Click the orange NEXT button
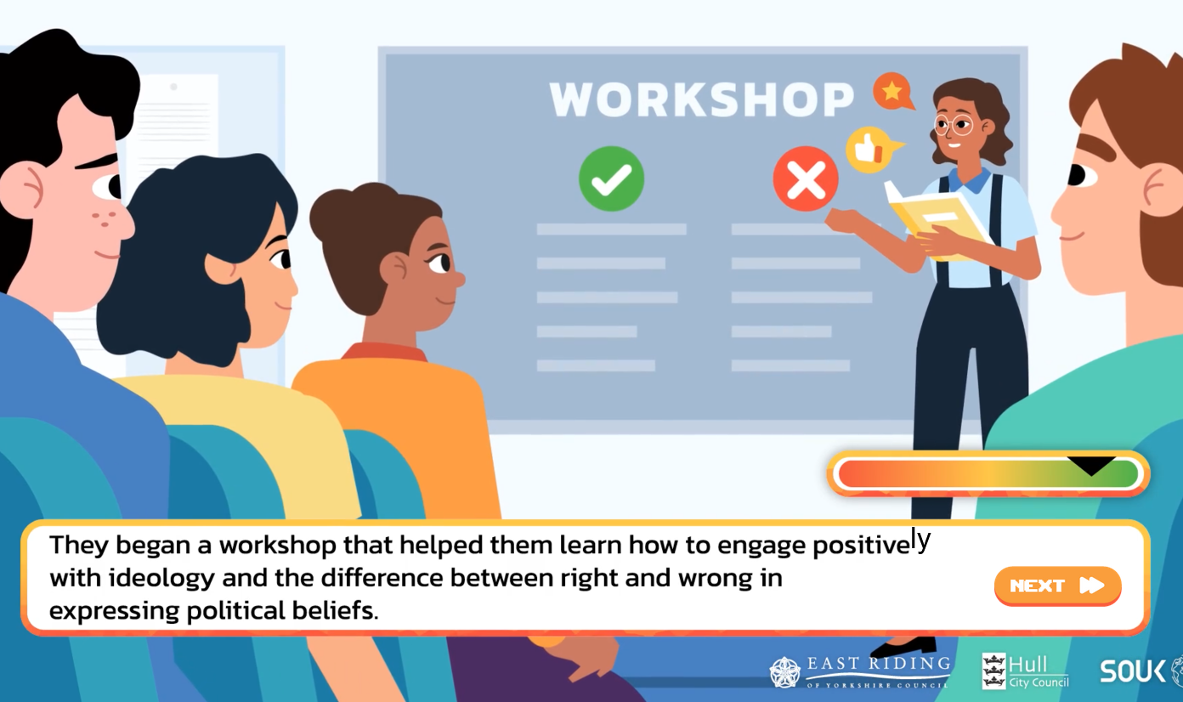click(x=1057, y=586)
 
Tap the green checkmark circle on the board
click(x=611, y=178)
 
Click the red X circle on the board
click(x=806, y=178)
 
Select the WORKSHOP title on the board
click(x=701, y=99)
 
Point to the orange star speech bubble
click(x=892, y=91)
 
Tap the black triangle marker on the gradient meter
click(x=1091, y=466)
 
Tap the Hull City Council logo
click(x=1025, y=671)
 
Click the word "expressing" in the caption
click(x=114, y=611)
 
